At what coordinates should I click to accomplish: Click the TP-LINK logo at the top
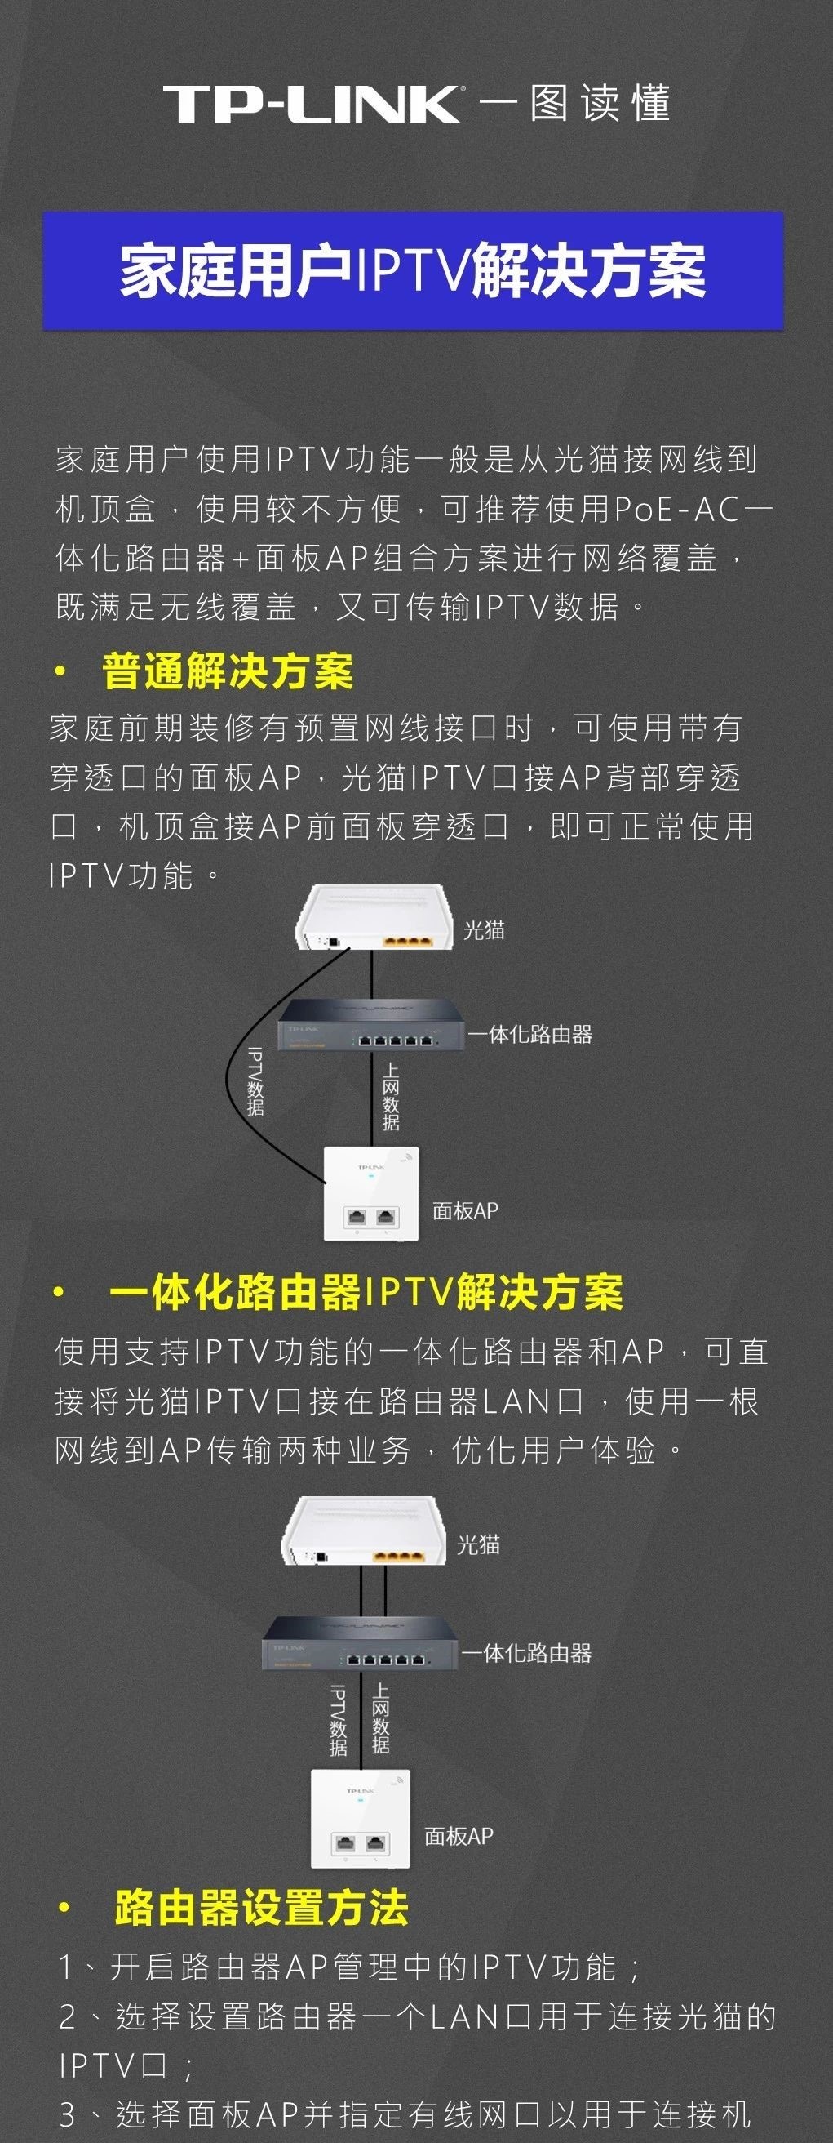pyautogui.click(x=312, y=104)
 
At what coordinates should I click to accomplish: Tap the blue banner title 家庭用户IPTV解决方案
pyautogui.click(x=413, y=271)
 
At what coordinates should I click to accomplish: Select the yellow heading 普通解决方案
pyautogui.click(x=228, y=671)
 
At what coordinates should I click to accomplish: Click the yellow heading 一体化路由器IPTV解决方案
pyautogui.click(x=366, y=1293)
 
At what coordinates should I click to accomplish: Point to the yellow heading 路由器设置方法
pyautogui.click(x=261, y=1908)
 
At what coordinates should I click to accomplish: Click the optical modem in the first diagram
pyautogui.click(x=374, y=918)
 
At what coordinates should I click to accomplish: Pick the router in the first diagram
pyautogui.click(x=370, y=1025)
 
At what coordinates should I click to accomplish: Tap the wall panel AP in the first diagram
pyautogui.click(x=370, y=1194)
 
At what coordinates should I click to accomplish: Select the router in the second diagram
pyautogui.click(x=360, y=1643)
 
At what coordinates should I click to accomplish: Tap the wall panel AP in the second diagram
pyautogui.click(x=361, y=1819)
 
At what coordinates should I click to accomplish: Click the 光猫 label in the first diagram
pyautogui.click(x=484, y=930)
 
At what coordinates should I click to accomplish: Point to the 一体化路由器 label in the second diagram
pyautogui.click(x=526, y=1652)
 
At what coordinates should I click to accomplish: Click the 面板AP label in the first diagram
pyautogui.click(x=465, y=1210)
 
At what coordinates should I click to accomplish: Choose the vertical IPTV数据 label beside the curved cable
pyautogui.click(x=255, y=1080)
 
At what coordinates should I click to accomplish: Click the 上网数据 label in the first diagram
pyautogui.click(x=391, y=1098)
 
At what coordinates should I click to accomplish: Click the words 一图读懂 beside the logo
pyautogui.click(x=575, y=103)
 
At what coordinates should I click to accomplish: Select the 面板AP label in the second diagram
pyautogui.click(x=459, y=1836)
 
